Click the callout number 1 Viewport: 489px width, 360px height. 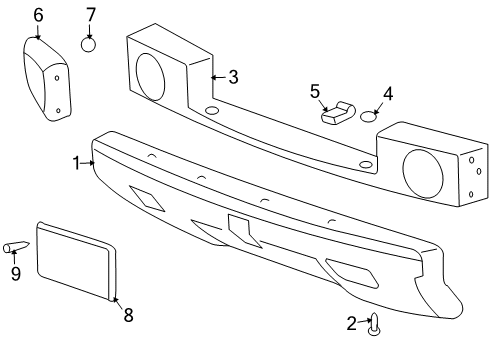point(75,162)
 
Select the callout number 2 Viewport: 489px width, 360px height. point(351,322)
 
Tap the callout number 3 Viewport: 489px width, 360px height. point(232,76)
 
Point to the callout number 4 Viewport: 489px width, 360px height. point(388,94)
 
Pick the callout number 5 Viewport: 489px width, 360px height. point(314,92)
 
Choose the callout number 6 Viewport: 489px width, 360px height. point(38,15)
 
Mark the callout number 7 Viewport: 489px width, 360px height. point(90,15)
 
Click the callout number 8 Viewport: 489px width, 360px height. point(127,316)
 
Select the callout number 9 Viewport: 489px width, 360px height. point(15,273)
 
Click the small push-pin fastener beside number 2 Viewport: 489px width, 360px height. point(375,323)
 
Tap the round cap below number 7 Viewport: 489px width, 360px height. point(89,44)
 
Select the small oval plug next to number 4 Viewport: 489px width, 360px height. point(369,116)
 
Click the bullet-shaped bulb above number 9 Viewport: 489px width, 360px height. point(18,247)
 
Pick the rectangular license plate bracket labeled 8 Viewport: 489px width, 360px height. point(76,260)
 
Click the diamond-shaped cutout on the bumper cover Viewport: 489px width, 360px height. point(148,199)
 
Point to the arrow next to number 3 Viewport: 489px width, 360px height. point(215,76)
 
